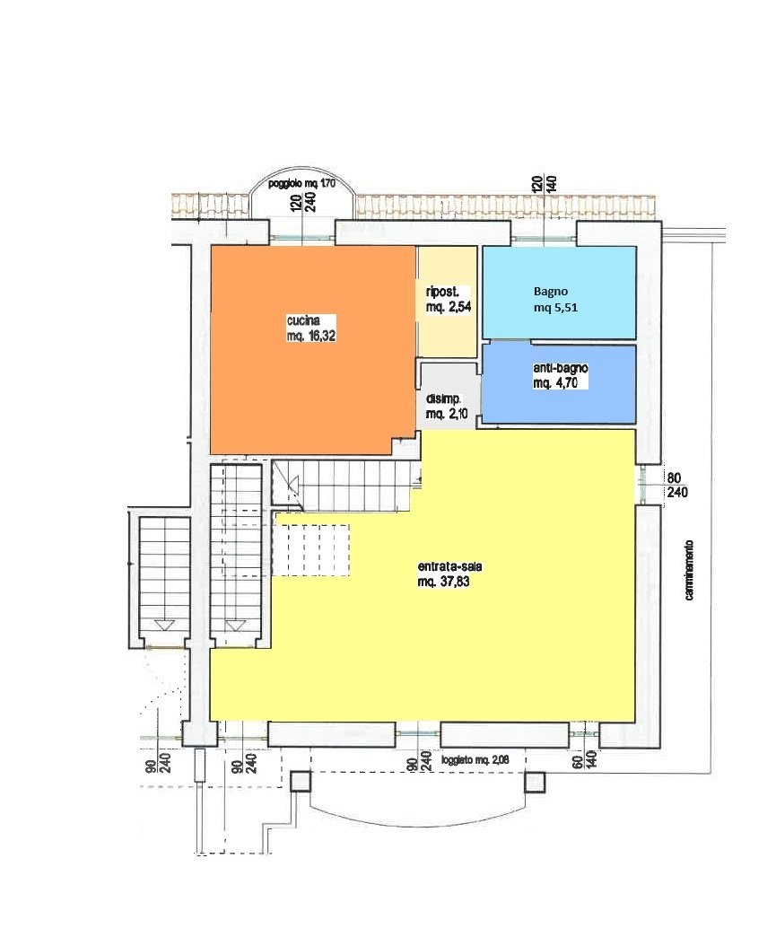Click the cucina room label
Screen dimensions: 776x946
click(303, 320)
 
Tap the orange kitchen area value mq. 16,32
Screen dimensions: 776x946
click(311, 336)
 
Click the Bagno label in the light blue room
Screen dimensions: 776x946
click(551, 292)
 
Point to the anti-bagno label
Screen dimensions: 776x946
click(561, 367)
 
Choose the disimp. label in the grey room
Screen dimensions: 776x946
click(444, 399)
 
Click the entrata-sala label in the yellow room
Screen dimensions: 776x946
click(449, 567)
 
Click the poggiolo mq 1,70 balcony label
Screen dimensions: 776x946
click(301, 183)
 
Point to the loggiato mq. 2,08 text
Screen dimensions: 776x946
click(475, 759)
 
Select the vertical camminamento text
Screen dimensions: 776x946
click(689, 570)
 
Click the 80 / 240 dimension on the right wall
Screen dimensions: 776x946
click(676, 485)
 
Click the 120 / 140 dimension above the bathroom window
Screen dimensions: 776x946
click(544, 183)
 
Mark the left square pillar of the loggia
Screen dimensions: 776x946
click(300, 782)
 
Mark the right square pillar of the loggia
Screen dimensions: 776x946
click(534, 782)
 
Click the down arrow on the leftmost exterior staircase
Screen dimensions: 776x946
click(163, 625)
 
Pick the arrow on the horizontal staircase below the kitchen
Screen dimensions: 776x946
click(293, 484)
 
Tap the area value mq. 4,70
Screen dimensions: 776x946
click(552, 383)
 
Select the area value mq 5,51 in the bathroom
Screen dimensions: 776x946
click(555, 307)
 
